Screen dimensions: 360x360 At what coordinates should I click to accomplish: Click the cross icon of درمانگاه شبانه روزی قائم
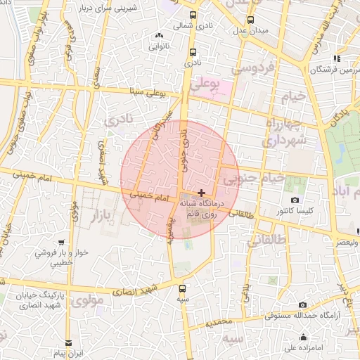click(x=202, y=192)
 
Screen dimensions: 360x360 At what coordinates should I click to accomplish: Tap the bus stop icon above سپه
click(x=183, y=288)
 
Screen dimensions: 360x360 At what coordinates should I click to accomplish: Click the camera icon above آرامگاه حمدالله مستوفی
click(x=303, y=304)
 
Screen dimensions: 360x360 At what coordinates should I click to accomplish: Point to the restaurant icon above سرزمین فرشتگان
click(x=336, y=59)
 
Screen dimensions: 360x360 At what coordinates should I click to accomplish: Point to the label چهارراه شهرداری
click(x=283, y=132)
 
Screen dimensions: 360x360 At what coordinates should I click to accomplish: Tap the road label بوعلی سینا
click(x=145, y=91)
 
